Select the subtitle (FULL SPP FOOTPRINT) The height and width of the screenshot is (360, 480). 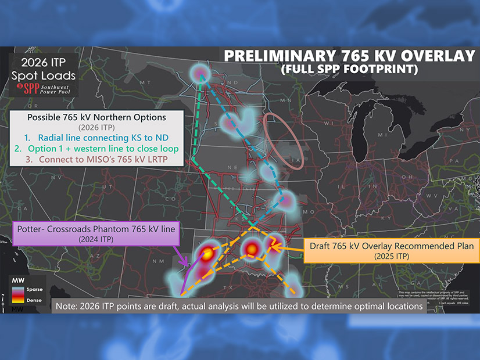coord(348,70)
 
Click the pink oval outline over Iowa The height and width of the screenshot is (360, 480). coord(284,140)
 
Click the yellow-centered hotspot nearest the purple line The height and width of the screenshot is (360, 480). coord(207,253)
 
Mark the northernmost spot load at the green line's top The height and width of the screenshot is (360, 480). coord(200,72)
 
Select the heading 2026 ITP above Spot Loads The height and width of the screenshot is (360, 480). coord(39,63)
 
